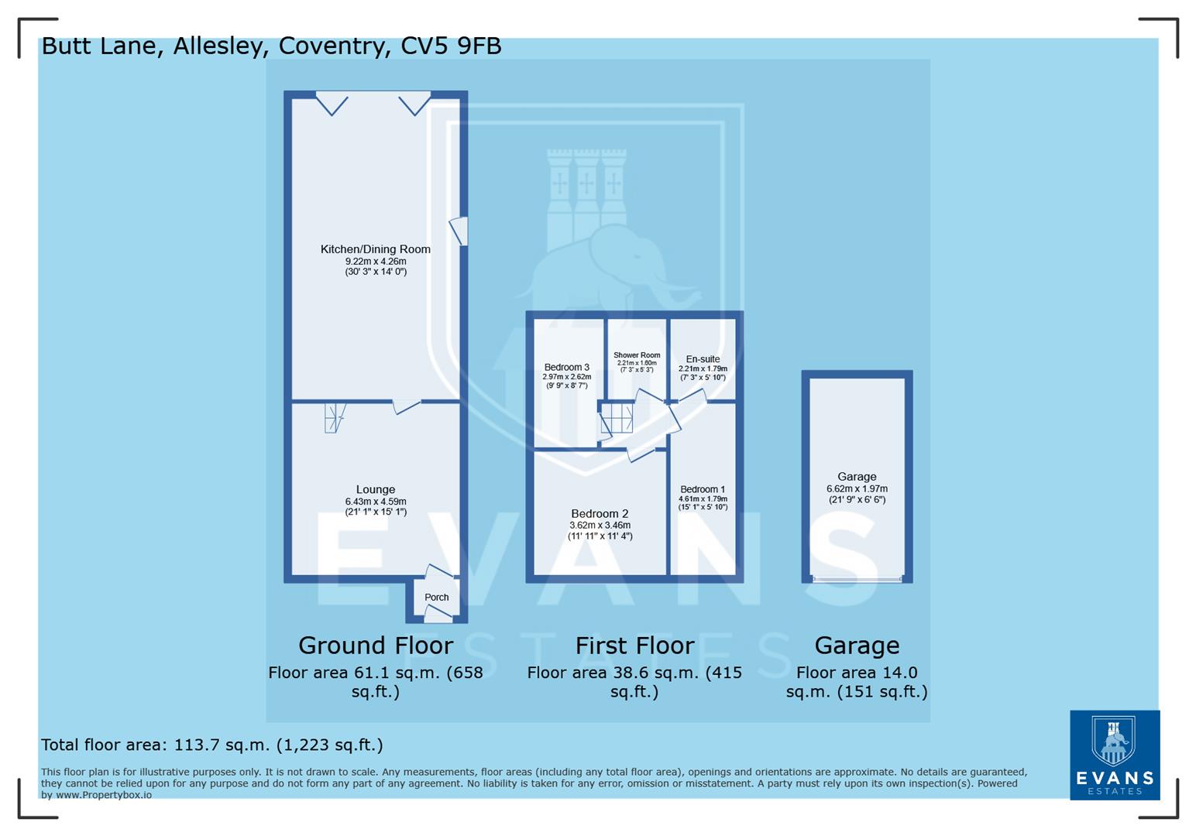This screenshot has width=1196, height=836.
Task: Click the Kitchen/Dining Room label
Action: [x=375, y=249]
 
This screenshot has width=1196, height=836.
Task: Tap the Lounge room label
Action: [x=375, y=489]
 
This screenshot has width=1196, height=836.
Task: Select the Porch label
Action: [x=437, y=598]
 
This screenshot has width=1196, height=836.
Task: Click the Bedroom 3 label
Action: [x=566, y=368]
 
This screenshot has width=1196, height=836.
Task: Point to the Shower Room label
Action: [x=637, y=355]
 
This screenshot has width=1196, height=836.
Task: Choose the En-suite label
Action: [x=703, y=359]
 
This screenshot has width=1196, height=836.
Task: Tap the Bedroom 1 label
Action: [x=703, y=489]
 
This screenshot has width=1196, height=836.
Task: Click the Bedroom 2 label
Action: [x=600, y=514]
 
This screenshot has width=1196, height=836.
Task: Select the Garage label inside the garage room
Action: [x=857, y=477]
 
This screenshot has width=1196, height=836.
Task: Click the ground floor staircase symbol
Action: [x=334, y=418]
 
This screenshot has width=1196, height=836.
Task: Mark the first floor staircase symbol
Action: [x=617, y=418]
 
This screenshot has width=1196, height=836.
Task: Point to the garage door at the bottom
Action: [x=857, y=579]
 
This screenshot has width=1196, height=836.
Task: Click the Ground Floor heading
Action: [x=376, y=646]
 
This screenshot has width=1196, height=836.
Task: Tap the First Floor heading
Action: [x=634, y=646]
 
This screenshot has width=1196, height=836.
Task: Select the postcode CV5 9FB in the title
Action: [x=451, y=46]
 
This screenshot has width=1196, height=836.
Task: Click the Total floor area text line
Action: [x=211, y=745]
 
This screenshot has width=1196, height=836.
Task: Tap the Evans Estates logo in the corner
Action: [x=1114, y=755]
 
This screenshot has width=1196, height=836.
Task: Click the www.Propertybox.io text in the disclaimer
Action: [x=103, y=795]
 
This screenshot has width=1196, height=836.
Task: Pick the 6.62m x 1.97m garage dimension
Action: [x=857, y=489]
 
